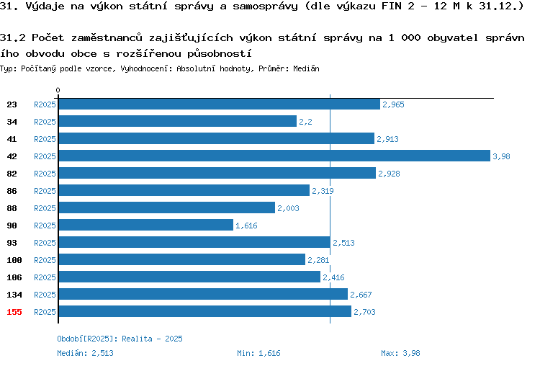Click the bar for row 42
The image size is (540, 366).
[x=274, y=156]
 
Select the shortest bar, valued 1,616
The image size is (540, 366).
[x=146, y=225]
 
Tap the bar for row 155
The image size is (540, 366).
[x=205, y=311]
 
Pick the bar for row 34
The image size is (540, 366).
[x=178, y=121]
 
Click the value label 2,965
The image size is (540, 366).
[x=393, y=104]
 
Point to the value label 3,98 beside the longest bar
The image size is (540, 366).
[x=501, y=156]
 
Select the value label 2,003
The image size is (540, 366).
[x=288, y=208]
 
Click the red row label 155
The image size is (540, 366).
[x=14, y=312]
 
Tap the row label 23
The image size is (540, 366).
[x=12, y=104]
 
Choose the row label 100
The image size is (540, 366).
[x=14, y=260]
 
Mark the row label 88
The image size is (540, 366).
[x=12, y=208]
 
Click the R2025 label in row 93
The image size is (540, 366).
[x=45, y=243]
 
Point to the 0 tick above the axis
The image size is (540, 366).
[x=58, y=90]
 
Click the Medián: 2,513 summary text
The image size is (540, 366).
[x=85, y=353]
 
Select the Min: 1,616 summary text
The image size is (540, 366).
[x=258, y=353]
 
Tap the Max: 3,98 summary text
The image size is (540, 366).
[x=400, y=353]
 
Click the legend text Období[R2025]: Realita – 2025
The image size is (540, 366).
[x=120, y=339]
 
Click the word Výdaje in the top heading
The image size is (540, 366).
[x=45, y=6]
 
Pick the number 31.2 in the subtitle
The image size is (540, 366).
[x=13, y=37]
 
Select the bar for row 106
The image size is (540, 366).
[x=189, y=277]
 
